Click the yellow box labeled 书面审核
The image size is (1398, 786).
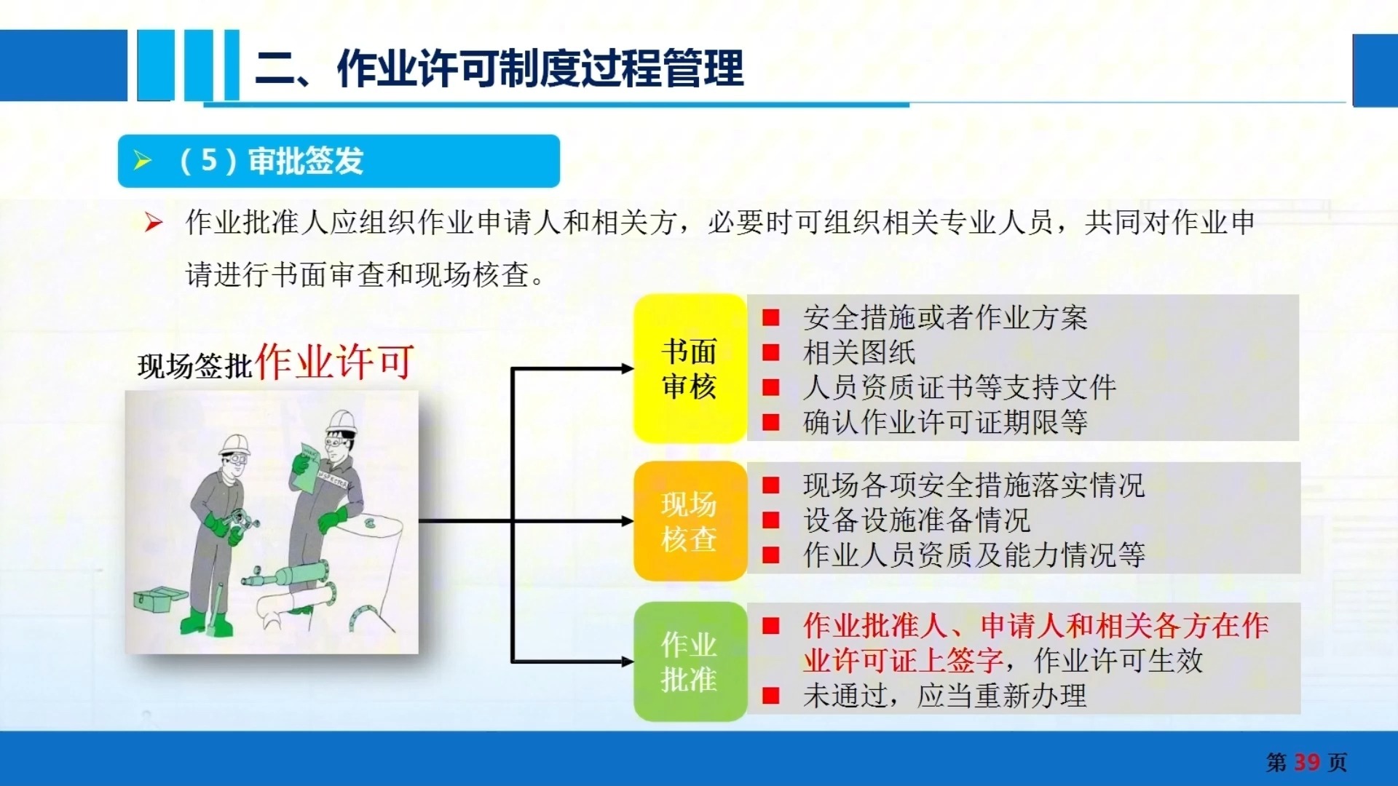[x=690, y=368]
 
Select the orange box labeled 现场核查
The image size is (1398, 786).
[x=690, y=521]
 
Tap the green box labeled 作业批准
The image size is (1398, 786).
[x=690, y=662]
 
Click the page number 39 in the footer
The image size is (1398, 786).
[x=1307, y=762]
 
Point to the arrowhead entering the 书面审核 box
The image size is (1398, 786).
[x=628, y=369]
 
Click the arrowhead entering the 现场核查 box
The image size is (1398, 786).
[x=628, y=521]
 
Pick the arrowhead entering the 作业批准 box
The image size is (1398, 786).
[x=628, y=662]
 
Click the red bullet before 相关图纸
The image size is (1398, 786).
[x=771, y=353]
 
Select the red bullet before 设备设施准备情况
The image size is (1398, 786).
[x=771, y=520]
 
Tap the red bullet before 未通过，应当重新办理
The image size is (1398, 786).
[x=771, y=696]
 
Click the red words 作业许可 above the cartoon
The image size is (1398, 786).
[x=335, y=361]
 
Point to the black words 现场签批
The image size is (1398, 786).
[x=195, y=366]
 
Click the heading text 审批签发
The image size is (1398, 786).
[x=306, y=161]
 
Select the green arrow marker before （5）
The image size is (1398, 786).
[x=143, y=161]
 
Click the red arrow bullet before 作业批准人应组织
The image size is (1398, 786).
[x=153, y=223]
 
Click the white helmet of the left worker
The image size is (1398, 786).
[x=234, y=444]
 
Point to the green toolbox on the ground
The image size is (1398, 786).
[x=161, y=600]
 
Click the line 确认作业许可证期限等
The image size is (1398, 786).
[x=945, y=422]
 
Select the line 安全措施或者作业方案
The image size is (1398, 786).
[x=945, y=318]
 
